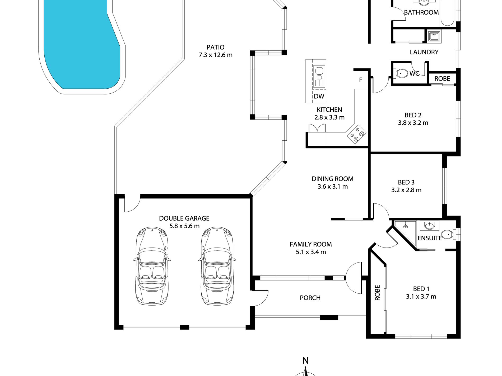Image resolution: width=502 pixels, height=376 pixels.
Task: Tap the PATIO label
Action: [215, 47]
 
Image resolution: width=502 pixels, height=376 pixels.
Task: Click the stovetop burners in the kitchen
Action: [357, 135]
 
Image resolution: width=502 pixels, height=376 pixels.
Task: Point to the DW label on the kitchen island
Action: [319, 96]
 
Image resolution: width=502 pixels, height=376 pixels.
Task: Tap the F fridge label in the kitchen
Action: [361, 80]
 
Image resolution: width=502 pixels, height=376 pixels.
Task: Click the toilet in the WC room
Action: [402, 73]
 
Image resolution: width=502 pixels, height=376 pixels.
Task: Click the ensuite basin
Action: [430, 226]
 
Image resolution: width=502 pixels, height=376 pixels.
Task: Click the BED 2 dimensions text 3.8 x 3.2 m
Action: [413, 123]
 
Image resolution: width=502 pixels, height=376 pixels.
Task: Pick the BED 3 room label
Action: [406, 182]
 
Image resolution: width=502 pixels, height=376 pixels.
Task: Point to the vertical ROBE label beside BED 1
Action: [377, 293]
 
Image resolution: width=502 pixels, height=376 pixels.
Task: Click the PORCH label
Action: [310, 298]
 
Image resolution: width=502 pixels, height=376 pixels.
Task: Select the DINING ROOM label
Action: [332, 179]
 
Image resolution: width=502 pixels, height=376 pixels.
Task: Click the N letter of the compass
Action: [305, 360]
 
